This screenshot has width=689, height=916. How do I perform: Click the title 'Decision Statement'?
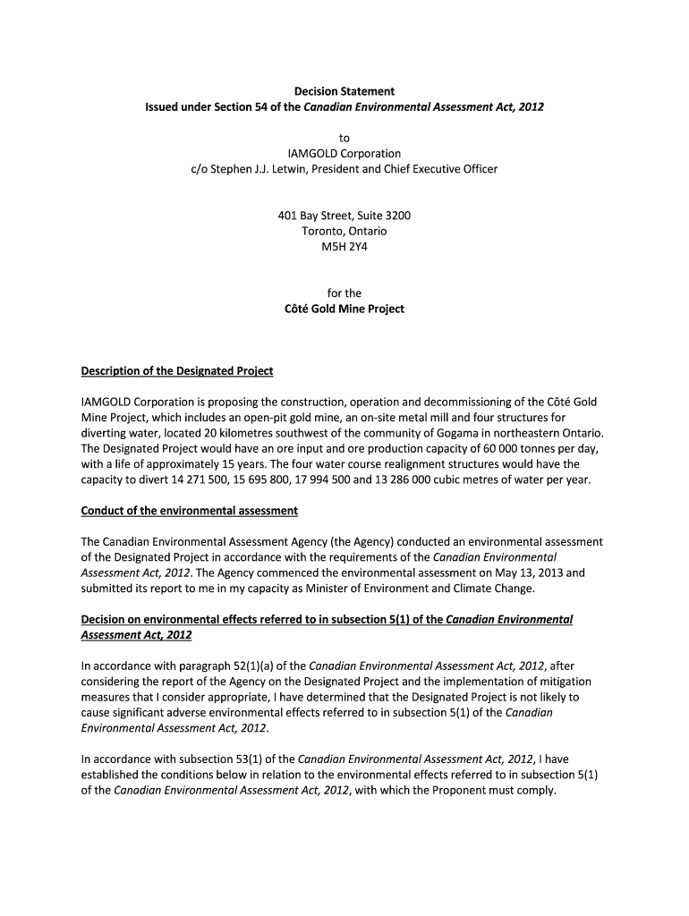[344, 91]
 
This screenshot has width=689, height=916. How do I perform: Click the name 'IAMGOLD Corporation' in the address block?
[344, 153]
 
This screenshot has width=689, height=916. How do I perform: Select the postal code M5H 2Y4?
[344, 246]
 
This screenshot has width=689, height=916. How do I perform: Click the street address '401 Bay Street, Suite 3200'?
[344, 216]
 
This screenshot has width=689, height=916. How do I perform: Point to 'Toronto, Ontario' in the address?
[344, 231]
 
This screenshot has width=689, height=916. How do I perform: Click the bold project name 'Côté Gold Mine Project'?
[344, 309]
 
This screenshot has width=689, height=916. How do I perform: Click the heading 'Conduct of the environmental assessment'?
[190, 510]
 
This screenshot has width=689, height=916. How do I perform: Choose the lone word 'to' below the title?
[344, 137]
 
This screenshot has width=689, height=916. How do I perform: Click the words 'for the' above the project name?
[344, 293]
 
